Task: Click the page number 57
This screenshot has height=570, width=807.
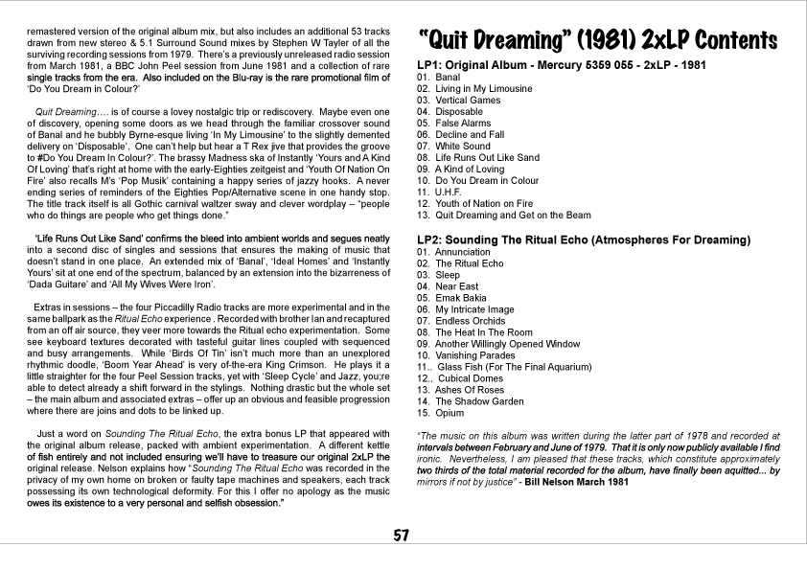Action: [x=403, y=536]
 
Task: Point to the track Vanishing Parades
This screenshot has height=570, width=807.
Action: [x=470, y=355]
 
